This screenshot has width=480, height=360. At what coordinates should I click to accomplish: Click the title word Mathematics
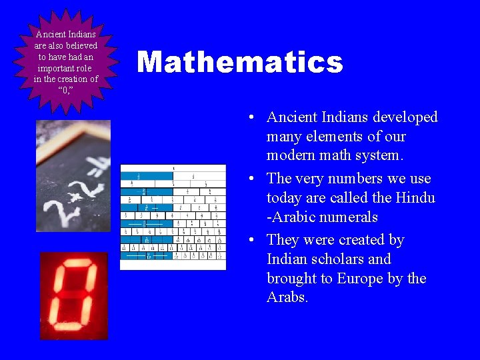pyautogui.click(x=239, y=63)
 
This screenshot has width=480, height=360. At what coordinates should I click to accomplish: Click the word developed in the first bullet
pyautogui.click(x=405, y=117)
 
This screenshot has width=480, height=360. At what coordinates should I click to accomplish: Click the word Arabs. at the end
pyautogui.click(x=287, y=298)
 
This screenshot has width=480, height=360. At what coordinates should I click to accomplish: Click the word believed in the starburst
pyautogui.click(x=81, y=45)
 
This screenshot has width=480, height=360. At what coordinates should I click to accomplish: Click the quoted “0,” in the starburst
pyautogui.click(x=65, y=91)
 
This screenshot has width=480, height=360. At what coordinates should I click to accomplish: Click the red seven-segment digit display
pyautogui.click(x=73, y=295)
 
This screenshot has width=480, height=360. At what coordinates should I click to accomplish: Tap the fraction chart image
pyautogui.click(x=173, y=217)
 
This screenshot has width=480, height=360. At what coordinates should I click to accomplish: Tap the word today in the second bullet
pyautogui.click(x=285, y=198)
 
